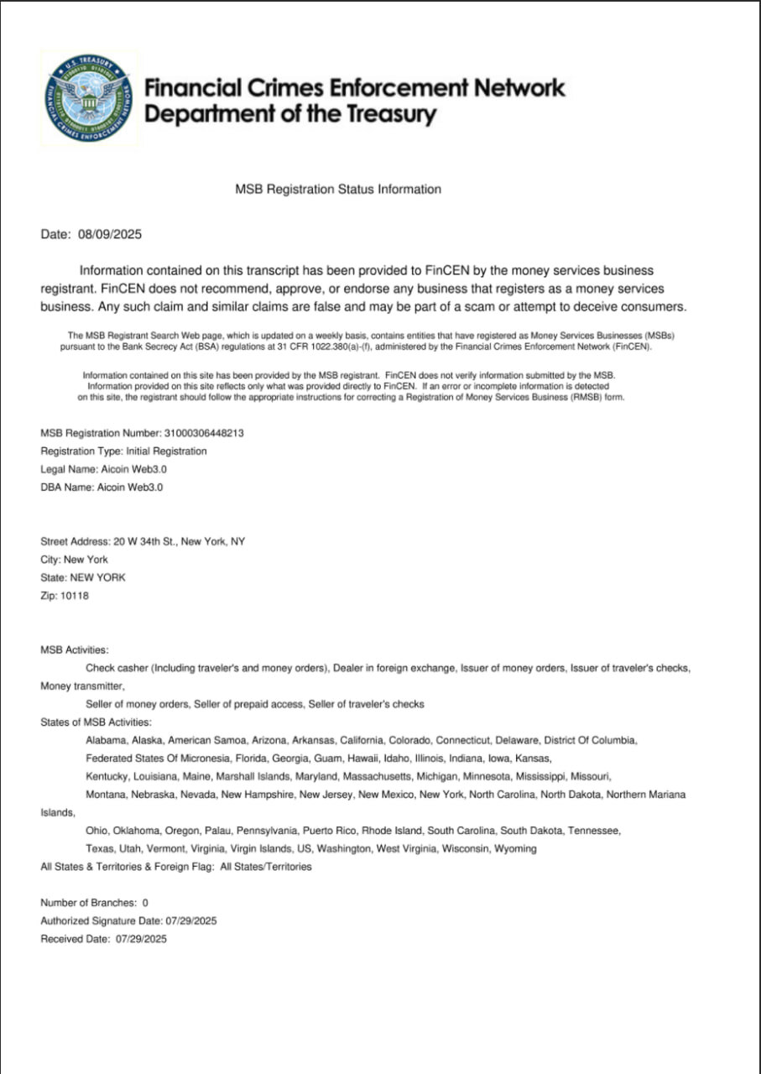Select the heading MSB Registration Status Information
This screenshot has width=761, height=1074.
338,190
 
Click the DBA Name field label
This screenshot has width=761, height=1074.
66,487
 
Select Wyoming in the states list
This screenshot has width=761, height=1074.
514,849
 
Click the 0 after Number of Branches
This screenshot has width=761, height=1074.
145,903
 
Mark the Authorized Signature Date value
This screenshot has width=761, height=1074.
192,921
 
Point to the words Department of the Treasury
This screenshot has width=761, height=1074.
290,115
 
